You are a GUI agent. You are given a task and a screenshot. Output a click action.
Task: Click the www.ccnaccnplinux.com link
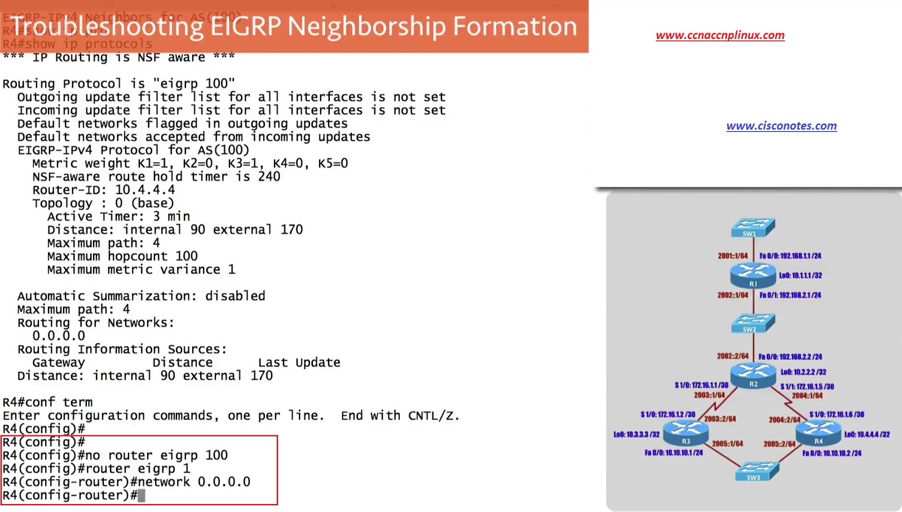720,35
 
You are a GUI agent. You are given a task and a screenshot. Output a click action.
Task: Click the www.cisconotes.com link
781,126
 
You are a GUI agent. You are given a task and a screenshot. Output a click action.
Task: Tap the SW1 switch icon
753,227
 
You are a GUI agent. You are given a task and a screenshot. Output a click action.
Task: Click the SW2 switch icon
753,323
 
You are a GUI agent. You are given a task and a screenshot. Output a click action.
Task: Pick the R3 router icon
686,433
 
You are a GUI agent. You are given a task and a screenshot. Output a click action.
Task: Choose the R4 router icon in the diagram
818,433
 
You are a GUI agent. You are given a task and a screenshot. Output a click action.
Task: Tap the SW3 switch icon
757,471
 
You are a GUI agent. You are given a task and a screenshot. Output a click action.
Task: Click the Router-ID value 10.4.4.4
145,190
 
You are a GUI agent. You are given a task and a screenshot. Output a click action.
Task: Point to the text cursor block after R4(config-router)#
142,496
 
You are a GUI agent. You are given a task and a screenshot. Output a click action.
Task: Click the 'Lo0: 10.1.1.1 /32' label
800,276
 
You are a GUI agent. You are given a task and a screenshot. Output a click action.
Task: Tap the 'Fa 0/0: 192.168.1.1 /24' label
790,256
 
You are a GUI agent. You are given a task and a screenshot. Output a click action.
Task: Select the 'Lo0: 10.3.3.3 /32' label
636,435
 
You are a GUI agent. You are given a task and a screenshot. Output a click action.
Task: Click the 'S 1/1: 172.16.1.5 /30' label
807,387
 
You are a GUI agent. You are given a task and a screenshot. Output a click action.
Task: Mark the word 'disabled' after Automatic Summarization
235,296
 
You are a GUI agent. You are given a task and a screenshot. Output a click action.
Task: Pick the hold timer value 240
269,176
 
